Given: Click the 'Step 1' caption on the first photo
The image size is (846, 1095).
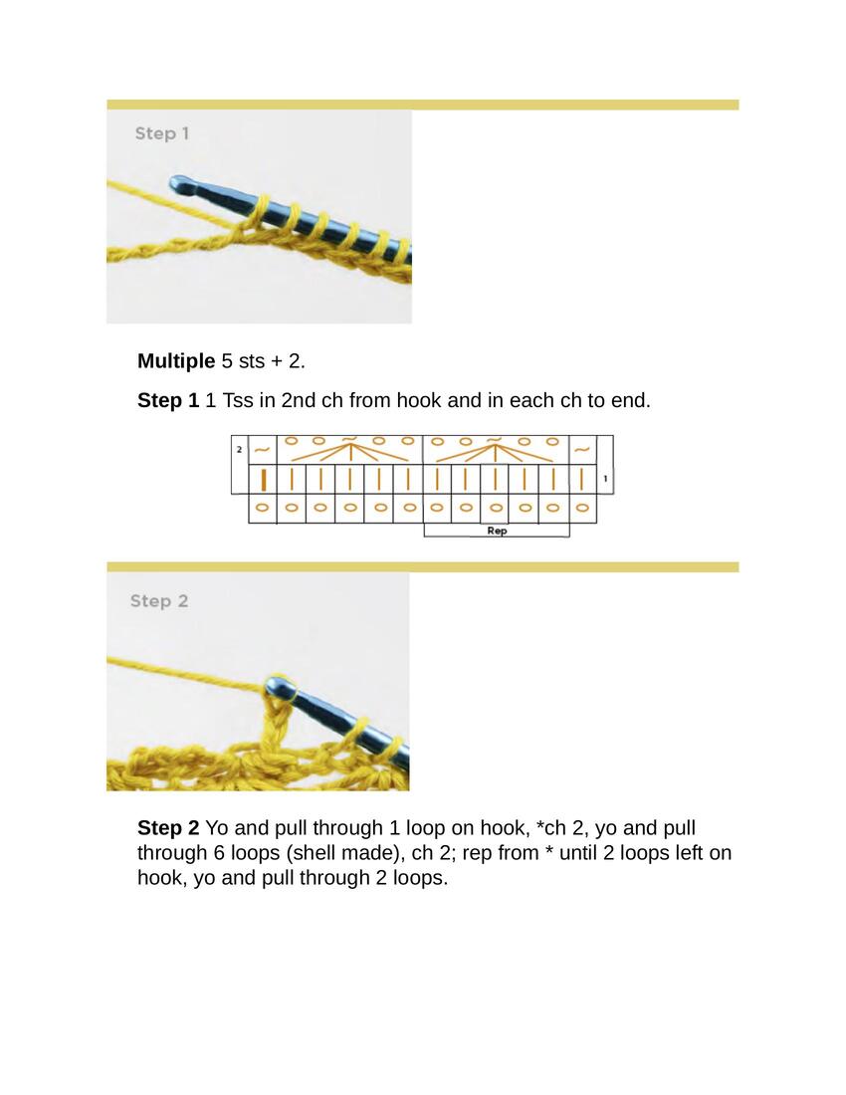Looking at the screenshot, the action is tap(162, 133).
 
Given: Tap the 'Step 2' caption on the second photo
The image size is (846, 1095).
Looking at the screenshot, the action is tap(159, 601).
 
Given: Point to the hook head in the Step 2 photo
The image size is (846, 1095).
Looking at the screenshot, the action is tap(281, 687).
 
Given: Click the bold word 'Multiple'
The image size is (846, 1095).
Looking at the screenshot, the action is tap(176, 361).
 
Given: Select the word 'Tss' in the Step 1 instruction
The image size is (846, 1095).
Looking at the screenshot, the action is tap(237, 401).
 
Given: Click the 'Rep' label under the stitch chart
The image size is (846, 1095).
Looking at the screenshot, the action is tap(497, 531).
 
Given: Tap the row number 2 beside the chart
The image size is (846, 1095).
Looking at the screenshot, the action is tap(239, 450).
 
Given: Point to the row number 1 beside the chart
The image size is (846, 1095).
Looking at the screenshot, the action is tap(605, 479).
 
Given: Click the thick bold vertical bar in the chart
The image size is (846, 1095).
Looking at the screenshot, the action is tap(263, 480).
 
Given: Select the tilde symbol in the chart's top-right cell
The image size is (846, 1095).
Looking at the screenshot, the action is tap(582, 450).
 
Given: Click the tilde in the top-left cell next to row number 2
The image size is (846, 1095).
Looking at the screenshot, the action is tap(262, 450).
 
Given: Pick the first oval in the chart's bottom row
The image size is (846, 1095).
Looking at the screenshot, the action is tap(263, 508).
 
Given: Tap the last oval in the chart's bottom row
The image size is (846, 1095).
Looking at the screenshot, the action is tap(581, 508).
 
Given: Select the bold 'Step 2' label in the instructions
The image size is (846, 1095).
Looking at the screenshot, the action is tap(168, 827).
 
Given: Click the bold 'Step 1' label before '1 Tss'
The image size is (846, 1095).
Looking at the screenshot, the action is tap(168, 401).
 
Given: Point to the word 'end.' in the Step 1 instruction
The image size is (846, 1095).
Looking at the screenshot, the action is tap(631, 401).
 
